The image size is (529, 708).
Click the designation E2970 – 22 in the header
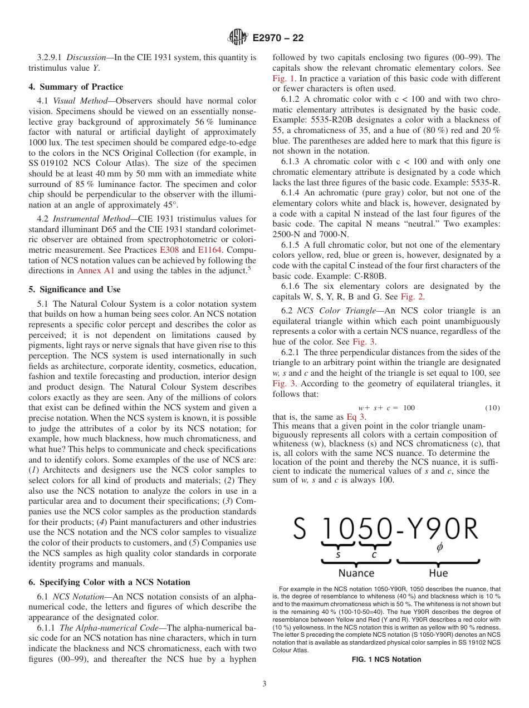[278, 38]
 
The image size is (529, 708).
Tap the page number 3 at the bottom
[264, 683]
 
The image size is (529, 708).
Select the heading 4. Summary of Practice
[76, 87]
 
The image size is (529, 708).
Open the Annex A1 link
[97, 271]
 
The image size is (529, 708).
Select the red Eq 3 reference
[355, 416]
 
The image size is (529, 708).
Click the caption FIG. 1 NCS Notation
[386, 660]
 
